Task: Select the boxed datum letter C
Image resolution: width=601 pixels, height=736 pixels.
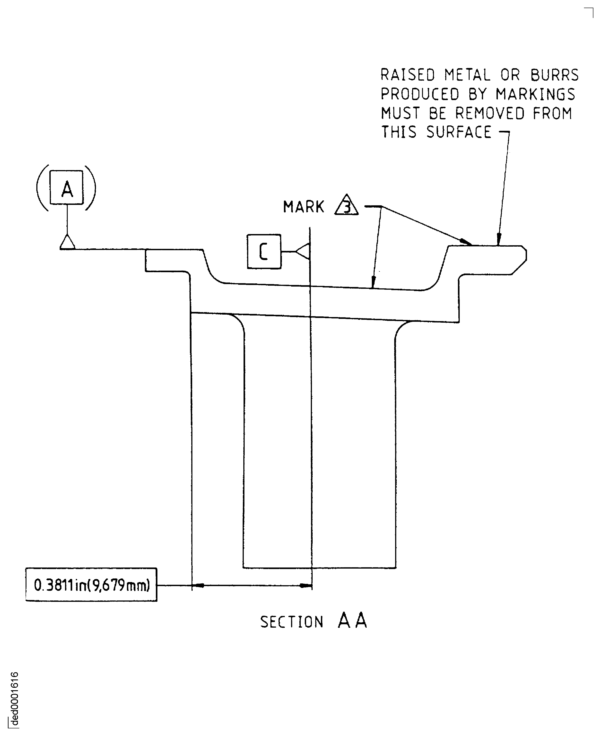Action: pos(264,252)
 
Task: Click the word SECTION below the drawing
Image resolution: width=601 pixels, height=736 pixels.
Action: pos(292,622)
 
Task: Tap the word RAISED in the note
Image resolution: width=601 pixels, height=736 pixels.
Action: pos(407,75)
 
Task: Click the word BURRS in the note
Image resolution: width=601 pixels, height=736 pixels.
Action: pos(555,75)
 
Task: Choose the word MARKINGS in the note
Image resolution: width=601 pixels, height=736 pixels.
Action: pos(535,94)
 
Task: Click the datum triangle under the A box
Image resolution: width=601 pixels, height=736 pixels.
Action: pos(67,242)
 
